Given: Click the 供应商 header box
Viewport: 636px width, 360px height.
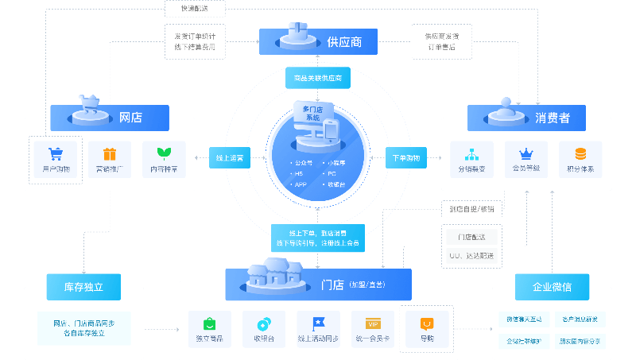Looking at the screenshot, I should point(318,41).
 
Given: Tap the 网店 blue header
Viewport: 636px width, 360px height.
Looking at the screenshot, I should point(110,118).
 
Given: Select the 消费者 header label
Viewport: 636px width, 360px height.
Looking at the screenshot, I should point(526,118).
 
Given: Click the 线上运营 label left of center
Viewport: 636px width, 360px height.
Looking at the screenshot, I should point(230,157).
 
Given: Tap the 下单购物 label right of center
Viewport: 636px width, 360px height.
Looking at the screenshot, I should point(406,157).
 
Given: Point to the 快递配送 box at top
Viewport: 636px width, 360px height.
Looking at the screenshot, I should point(195,8).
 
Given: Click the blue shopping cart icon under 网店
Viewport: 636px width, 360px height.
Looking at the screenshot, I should point(56,153).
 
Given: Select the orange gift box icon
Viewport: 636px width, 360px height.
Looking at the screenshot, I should point(110,153).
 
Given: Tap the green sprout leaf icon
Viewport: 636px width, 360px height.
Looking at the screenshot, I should point(164,153).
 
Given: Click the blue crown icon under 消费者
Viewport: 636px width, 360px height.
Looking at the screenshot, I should point(525,153).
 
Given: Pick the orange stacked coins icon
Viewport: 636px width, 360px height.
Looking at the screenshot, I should point(580,153).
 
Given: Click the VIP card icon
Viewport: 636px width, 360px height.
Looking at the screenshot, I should point(373,323).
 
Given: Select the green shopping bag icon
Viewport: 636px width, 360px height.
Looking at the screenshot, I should point(209,323).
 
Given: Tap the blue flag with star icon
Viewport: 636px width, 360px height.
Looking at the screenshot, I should point(319,323).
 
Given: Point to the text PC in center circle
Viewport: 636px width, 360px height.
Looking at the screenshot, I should point(332,173).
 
